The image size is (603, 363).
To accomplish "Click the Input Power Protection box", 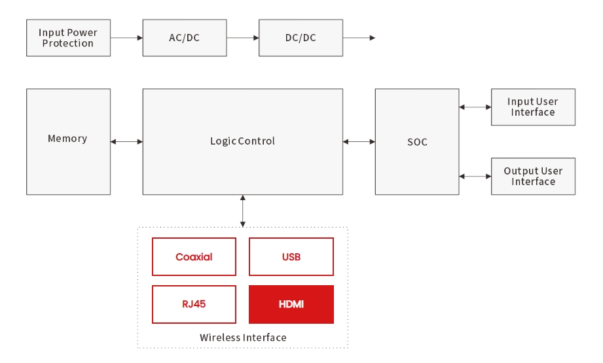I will (x=68, y=38).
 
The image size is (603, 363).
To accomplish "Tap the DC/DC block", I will (x=301, y=38).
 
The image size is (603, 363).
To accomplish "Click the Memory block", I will (x=68, y=142).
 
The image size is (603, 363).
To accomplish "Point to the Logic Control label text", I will (x=242, y=141).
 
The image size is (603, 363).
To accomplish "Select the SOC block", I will (x=417, y=142).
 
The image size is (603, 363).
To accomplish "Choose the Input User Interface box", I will (x=533, y=107).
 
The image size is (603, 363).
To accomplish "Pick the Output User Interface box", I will (x=533, y=176).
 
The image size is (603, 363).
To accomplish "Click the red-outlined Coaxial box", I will (x=194, y=257).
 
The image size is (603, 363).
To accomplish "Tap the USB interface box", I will (x=291, y=257).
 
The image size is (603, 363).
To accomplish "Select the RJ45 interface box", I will (x=194, y=304).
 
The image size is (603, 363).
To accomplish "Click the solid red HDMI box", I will (x=291, y=304).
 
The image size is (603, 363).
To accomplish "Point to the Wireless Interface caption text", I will (x=243, y=337).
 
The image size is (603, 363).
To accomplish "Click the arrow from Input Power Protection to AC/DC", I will (x=126, y=38).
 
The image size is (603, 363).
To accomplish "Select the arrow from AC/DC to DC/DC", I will (x=242, y=38).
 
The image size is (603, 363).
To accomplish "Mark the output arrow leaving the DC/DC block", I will (x=359, y=38).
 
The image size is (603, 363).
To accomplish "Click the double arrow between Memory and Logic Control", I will (x=126, y=142).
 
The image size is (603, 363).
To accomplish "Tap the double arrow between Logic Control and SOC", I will (x=359, y=142).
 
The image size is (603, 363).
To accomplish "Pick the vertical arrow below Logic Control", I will (x=243, y=211).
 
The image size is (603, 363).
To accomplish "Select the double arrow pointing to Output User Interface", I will (x=475, y=176).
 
